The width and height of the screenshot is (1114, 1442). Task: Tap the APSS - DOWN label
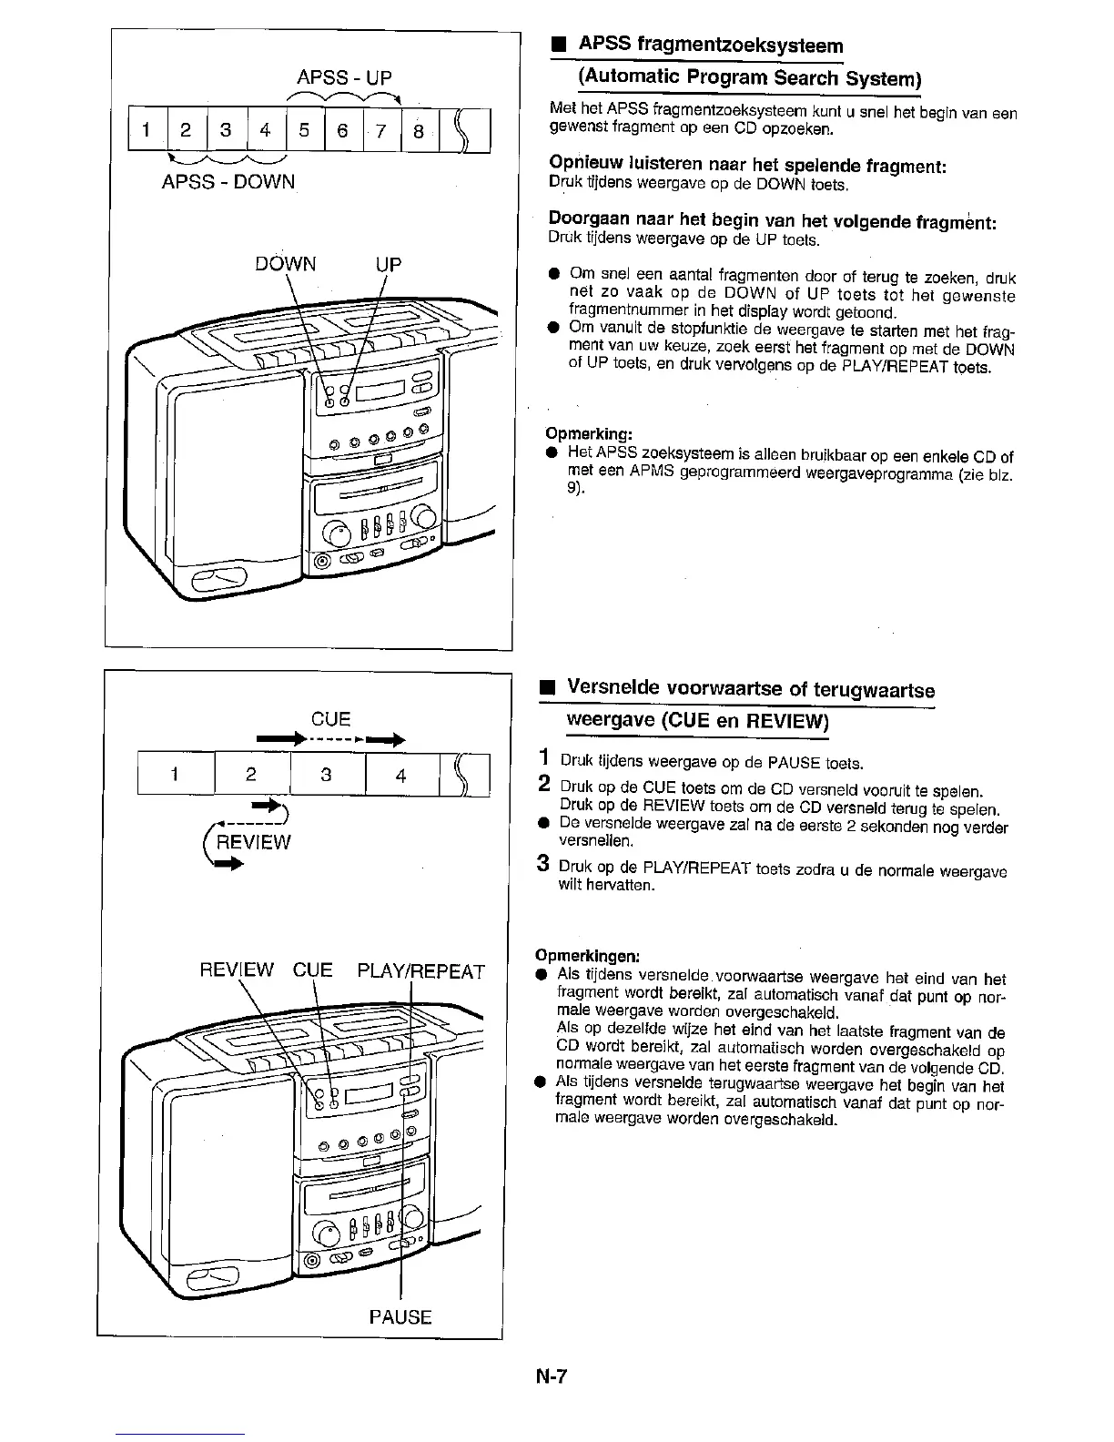(228, 181)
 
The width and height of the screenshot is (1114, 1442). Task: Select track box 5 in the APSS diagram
(303, 130)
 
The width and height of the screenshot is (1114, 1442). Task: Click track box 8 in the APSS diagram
(419, 130)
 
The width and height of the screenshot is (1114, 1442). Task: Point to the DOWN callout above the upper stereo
(286, 264)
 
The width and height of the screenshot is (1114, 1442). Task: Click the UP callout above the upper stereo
(389, 264)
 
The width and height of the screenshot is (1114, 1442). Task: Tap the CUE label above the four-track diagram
(330, 718)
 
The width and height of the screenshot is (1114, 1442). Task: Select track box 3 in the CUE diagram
(326, 775)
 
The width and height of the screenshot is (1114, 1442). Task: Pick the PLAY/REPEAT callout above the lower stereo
(421, 970)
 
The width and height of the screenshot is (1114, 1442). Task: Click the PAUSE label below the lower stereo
(400, 1316)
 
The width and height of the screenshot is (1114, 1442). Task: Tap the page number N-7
(551, 1376)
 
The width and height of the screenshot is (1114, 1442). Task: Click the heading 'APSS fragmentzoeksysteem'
(711, 45)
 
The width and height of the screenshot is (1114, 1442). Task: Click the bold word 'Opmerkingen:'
(588, 956)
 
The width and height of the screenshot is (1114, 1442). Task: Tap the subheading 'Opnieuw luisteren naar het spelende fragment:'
(748, 166)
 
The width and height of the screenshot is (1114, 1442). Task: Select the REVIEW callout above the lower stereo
(237, 970)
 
